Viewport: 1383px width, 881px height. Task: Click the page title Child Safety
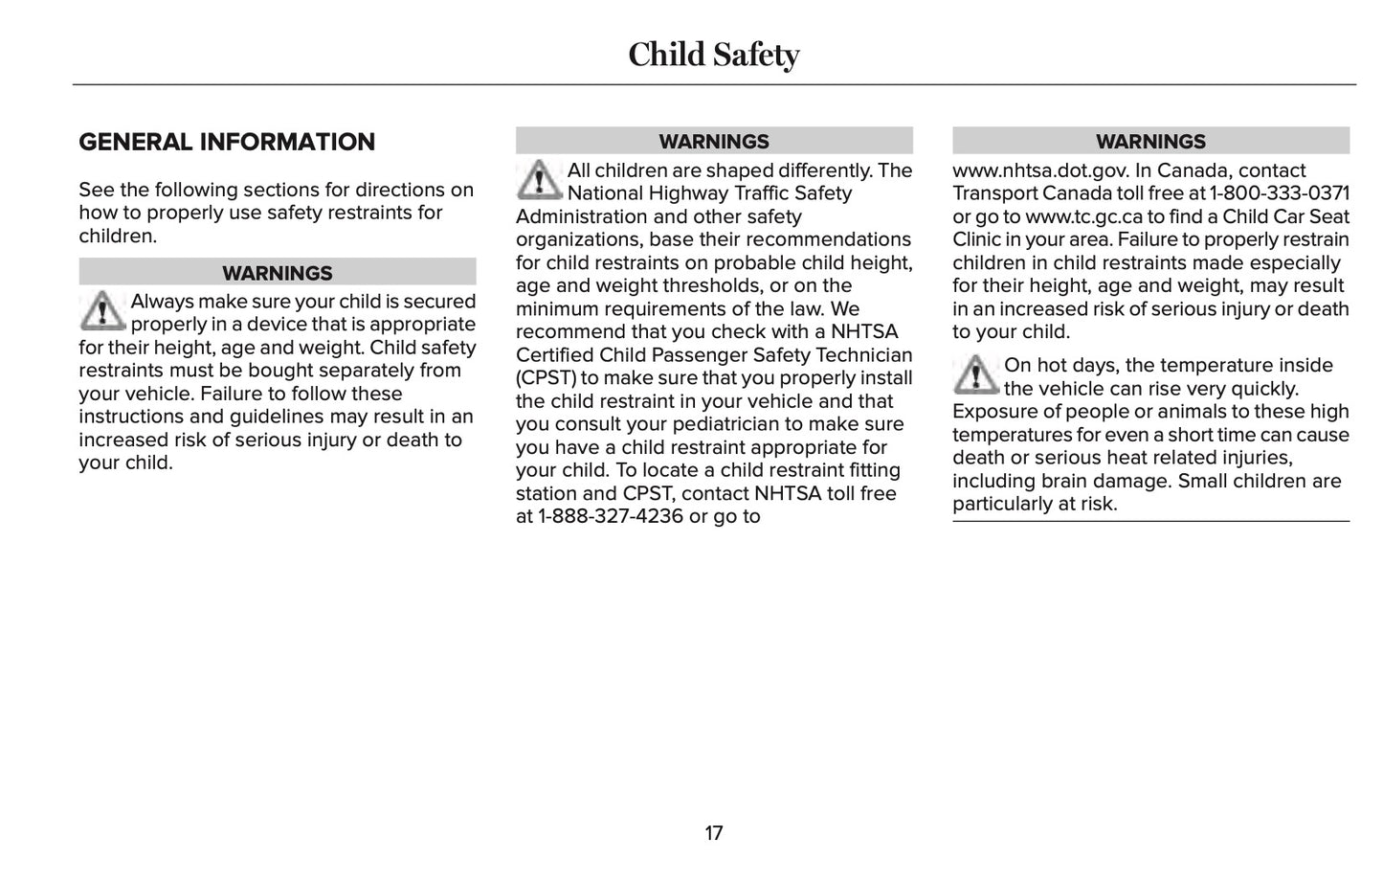pos(713,55)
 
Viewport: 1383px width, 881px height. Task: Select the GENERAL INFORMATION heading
pos(227,142)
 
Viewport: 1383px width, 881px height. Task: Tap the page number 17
pos(714,833)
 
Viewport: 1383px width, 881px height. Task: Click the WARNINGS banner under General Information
pos(278,273)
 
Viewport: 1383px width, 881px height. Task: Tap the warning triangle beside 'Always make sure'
pos(101,311)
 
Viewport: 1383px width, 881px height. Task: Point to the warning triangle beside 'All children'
pos(539,179)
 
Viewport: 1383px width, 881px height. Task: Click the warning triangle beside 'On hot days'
pos(975,374)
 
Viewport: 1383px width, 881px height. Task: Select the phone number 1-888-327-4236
pos(610,516)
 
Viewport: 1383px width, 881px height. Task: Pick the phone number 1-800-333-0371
pos(1280,193)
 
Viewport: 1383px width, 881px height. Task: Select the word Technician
pos(864,355)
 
